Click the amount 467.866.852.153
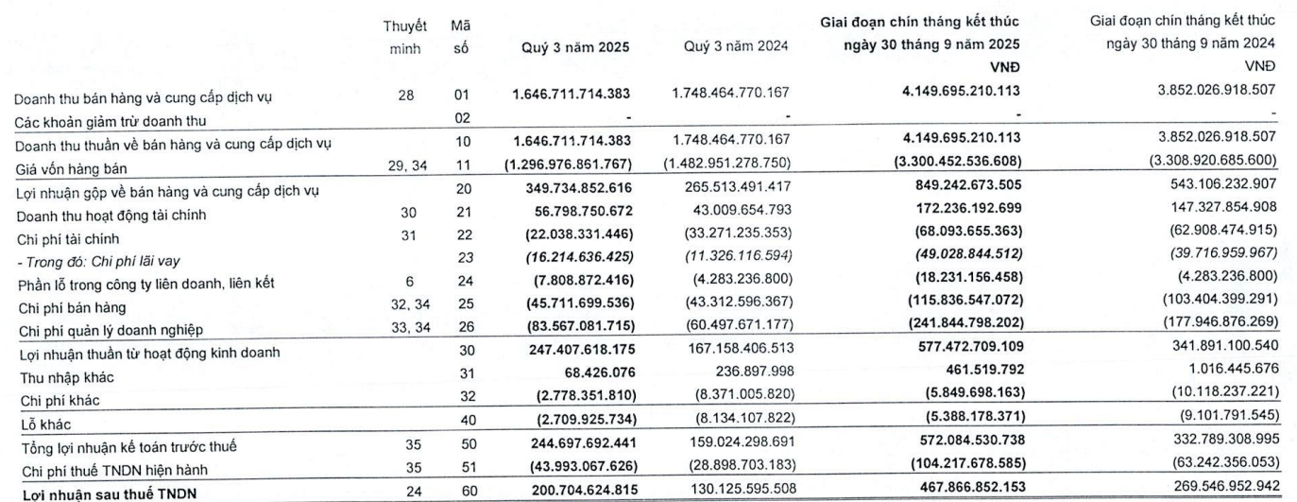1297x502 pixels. pos(956,489)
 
